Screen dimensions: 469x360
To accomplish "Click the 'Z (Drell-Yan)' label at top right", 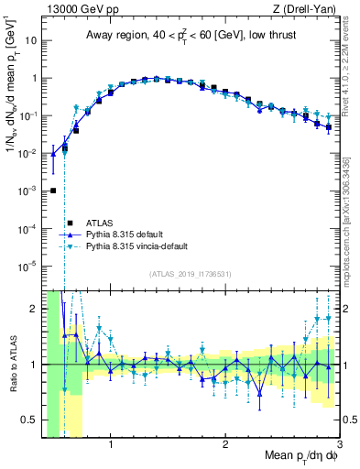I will (x=306, y=8).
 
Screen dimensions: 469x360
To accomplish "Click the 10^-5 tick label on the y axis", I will (x=27, y=267).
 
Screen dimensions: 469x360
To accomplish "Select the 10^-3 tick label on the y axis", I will (x=27, y=191).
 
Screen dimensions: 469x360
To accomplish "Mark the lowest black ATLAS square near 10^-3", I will (x=53, y=191).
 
